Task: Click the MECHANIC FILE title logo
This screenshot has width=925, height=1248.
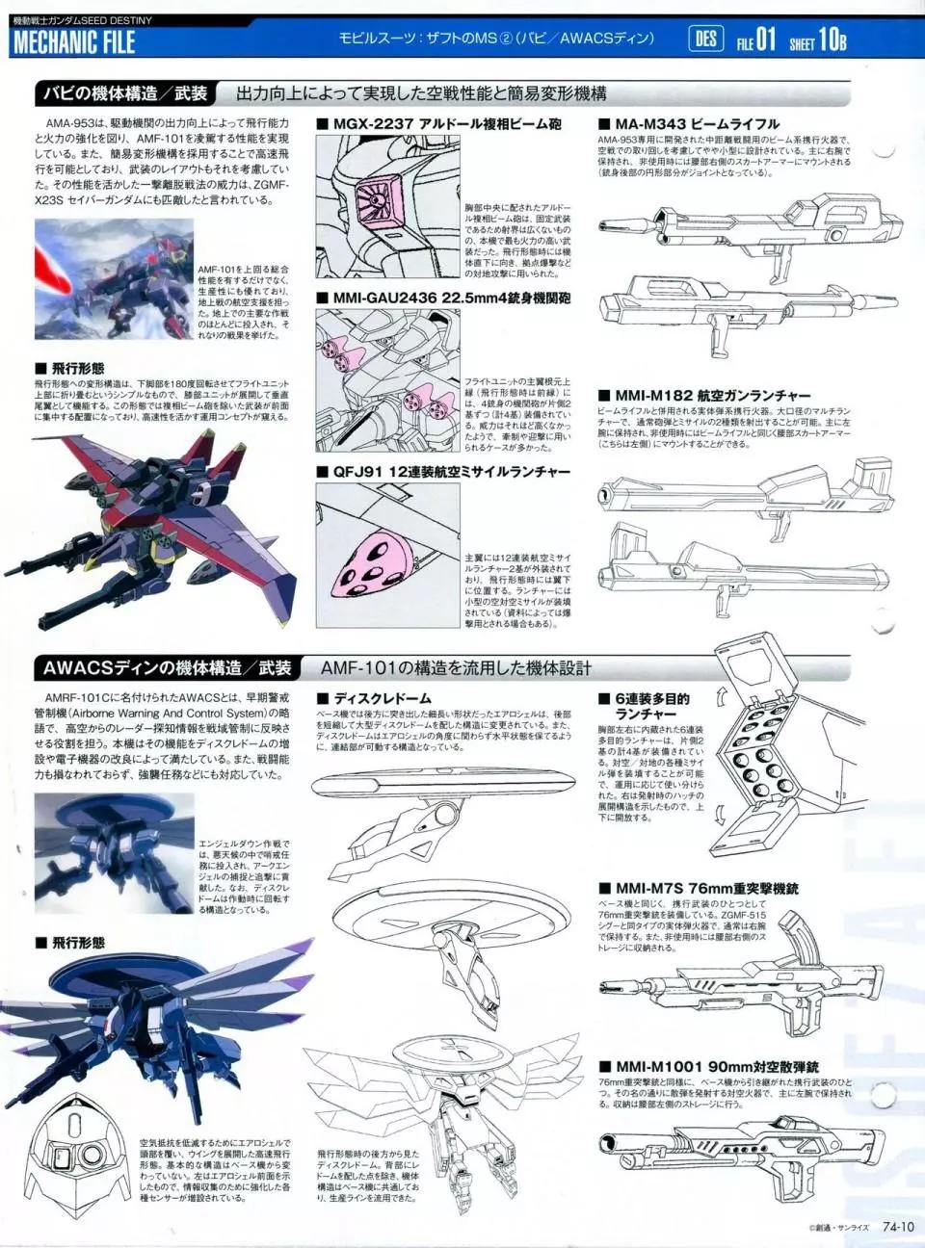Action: (x=74, y=42)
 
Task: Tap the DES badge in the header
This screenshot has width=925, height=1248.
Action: (x=705, y=39)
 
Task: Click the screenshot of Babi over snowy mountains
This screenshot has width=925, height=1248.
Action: (x=114, y=279)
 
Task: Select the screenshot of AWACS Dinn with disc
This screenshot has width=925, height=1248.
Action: (x=114, y=853)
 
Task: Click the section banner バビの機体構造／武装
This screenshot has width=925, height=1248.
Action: (x=124, y=93)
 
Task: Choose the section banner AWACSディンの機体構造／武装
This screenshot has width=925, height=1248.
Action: (x=167, y=668)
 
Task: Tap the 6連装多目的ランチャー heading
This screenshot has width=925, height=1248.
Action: (x=651, y=706)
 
